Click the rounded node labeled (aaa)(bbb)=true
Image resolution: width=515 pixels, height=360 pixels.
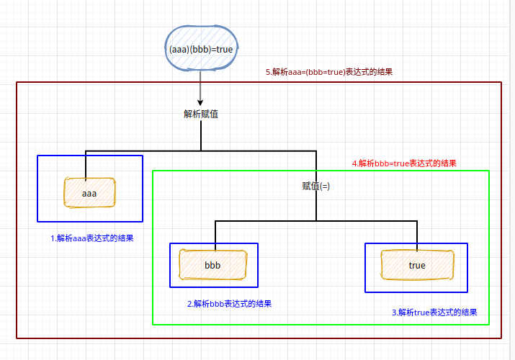200,50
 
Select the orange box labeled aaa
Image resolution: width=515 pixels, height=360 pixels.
89,193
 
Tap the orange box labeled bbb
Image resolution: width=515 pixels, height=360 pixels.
212,265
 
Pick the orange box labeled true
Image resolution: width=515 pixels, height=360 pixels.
417,265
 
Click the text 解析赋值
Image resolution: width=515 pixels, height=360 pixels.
201,113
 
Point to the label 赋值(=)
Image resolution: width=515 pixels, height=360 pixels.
315,186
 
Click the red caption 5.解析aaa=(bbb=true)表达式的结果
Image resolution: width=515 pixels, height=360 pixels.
328,73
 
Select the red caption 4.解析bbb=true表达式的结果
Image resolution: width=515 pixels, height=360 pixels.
404,163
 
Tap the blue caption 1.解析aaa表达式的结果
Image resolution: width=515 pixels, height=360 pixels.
91,238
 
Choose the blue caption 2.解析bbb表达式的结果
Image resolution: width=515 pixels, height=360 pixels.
229,304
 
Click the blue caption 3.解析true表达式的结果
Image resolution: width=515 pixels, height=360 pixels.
434,312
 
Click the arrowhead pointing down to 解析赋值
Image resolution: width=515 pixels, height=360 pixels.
200,101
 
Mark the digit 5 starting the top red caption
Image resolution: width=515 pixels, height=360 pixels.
268,73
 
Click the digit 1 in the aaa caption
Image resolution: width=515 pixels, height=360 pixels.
52,238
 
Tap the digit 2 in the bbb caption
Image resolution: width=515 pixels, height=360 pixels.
189,304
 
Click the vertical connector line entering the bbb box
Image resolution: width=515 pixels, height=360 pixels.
215,234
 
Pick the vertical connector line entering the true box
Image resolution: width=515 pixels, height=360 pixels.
417,234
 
